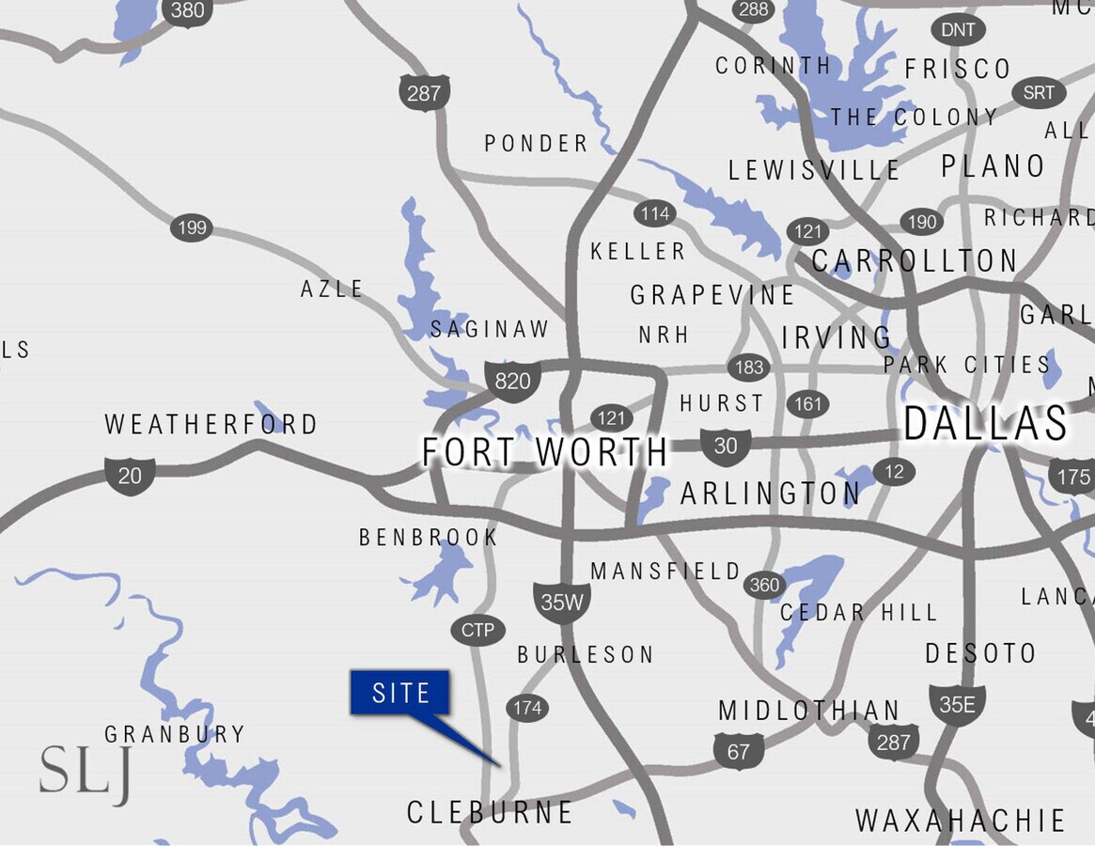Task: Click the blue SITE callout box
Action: pos(400,694)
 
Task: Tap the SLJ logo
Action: pos(85,773)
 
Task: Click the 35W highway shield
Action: pos(562,602)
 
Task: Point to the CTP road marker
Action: pos(478,630)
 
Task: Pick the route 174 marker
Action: pos(527,707)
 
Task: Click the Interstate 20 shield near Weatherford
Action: pos(130,475)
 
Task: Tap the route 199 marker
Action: pos(191,227)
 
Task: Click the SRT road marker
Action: pos(1039,93)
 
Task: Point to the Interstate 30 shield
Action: pos(726,446)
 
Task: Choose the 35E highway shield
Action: pos(957,704)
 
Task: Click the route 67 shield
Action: pos(739,752)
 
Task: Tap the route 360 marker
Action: pos(764,586)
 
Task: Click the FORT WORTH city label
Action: pos(545,452)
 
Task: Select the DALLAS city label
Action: pos(986,424)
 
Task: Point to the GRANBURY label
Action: pos(175,734)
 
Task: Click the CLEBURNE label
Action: pos(490,812)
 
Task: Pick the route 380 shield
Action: pos(188,11)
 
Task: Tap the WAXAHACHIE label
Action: pos(960,821)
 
